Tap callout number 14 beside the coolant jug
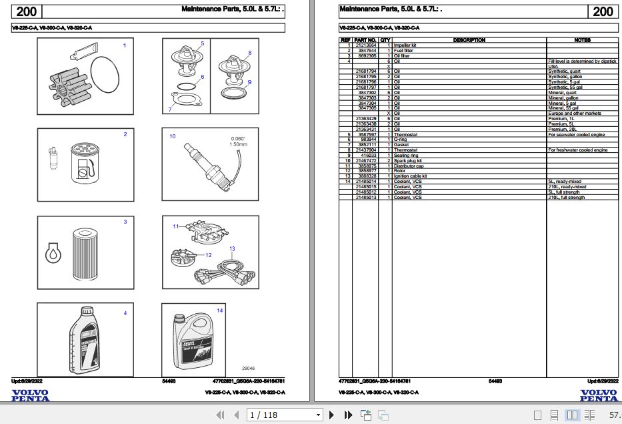[219, 310]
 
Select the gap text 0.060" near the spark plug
[238, 138]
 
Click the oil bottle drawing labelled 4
[85, 340]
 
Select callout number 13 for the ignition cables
[232, 249]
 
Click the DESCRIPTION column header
[469, 40]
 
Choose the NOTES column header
[581, 40]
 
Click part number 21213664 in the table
[365, 45]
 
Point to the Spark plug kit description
[408, 161]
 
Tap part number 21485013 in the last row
[365, 198]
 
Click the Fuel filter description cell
[403, 50]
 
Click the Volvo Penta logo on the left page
[30, 395]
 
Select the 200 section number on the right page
[602, 11]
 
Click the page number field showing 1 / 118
[284, 415]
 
